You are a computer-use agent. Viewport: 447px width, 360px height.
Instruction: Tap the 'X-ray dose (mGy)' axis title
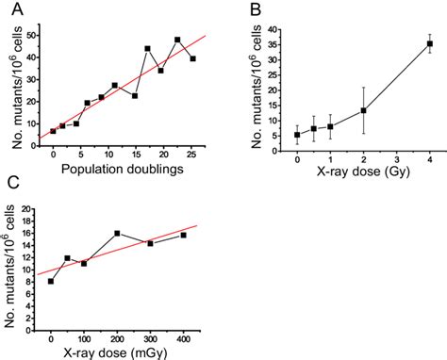pos(120,351)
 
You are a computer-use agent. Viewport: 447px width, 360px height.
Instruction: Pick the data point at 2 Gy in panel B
pos(364,110)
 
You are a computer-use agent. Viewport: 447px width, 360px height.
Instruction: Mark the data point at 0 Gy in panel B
pos(297,135)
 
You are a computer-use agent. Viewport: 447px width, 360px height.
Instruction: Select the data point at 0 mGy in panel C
pos(51,281)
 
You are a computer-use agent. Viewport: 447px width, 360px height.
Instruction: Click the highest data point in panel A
pos(177,40)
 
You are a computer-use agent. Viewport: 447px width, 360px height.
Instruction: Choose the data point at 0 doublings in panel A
pos(53,131)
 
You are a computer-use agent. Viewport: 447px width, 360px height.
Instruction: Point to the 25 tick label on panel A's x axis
pos(192,155)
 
